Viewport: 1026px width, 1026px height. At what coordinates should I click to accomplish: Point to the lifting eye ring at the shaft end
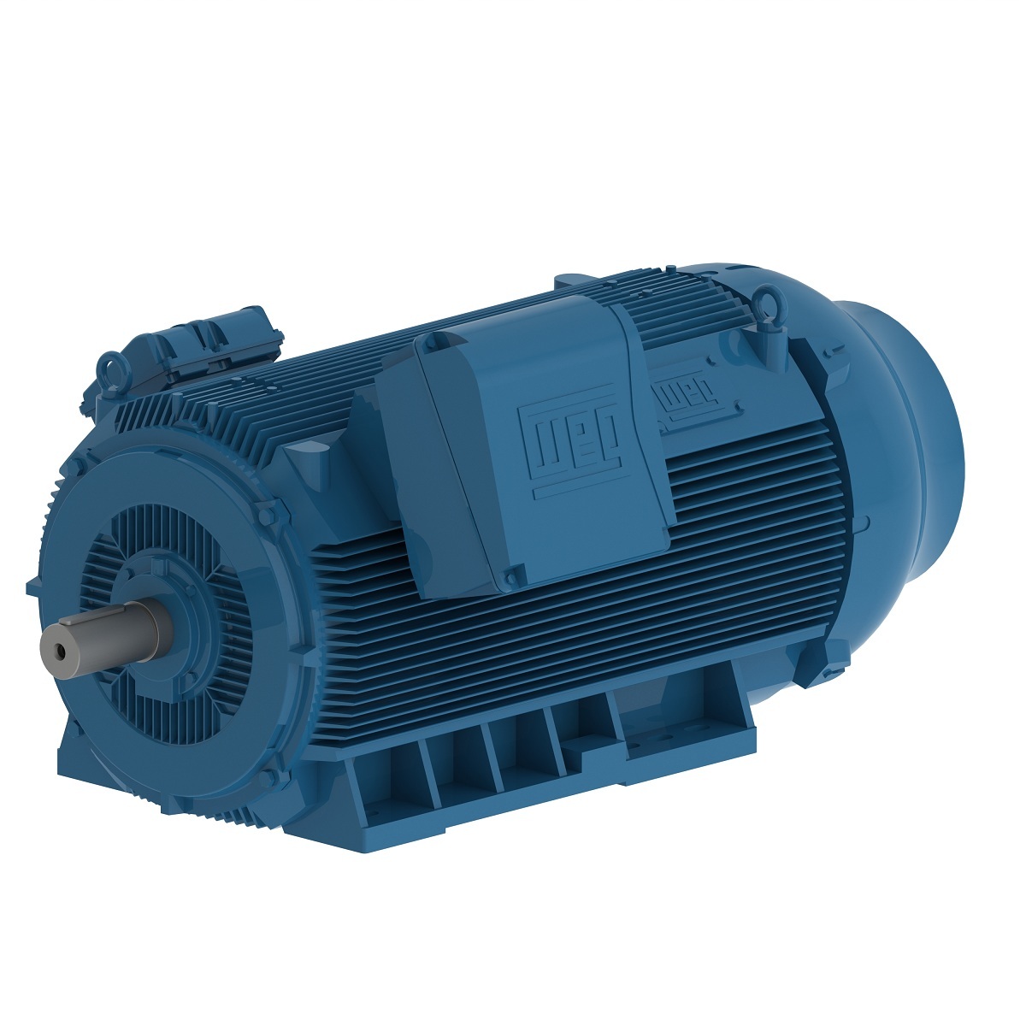click(x=111, y=369)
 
